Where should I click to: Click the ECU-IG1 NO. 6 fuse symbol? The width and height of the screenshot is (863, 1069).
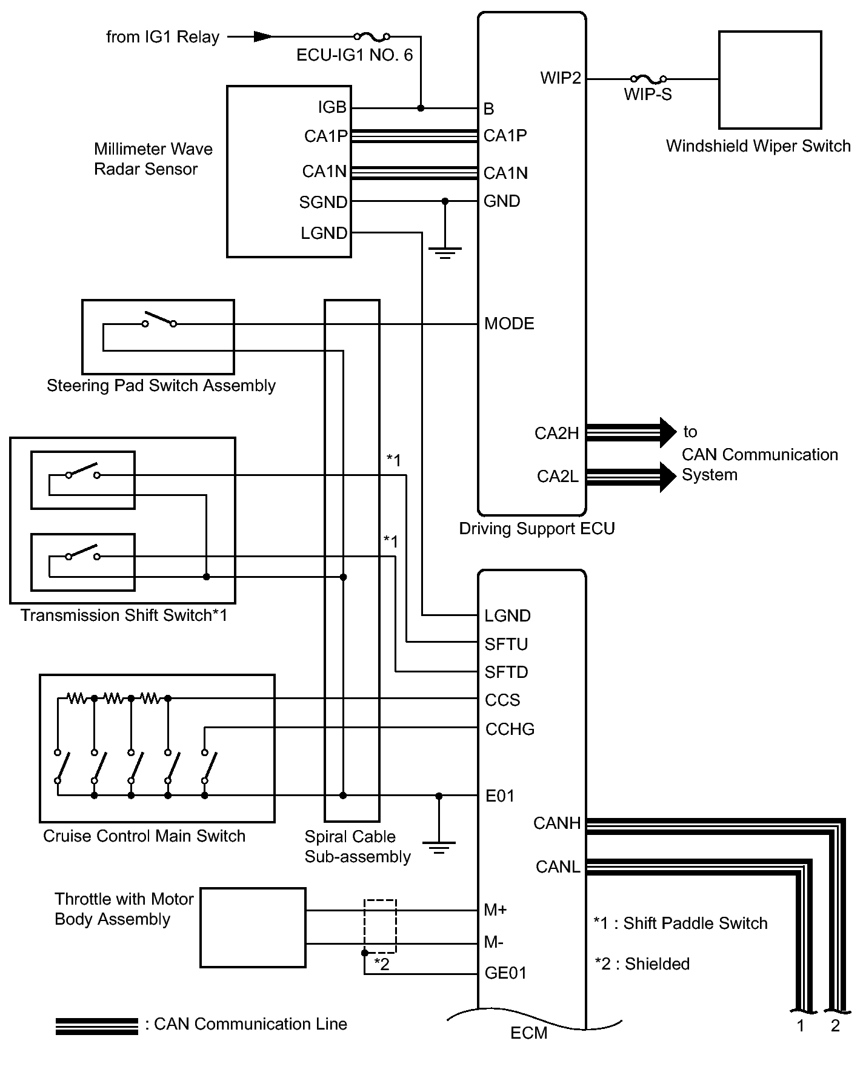click(x=372, y=37)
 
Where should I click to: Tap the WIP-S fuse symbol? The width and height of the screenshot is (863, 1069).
click(x=648, y=79)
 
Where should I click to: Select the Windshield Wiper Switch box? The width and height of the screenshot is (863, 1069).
click(x=770, y=80)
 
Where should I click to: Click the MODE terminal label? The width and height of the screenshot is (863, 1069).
click(x=509, y=324)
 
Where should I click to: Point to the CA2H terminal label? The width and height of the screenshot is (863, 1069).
click(x=556, y=434)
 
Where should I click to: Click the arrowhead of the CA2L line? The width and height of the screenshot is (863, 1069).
click(x=667, y=477)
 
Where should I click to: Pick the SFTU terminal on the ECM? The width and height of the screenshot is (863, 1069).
click(x=506, y=644)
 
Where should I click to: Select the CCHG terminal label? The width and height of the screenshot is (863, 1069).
click(x=510, y=729)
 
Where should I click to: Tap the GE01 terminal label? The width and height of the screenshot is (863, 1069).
click(x=505, y=973)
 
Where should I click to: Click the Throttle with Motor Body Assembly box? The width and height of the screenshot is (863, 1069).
click(x=253, y=928)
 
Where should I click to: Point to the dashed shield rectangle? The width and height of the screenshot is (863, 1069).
click(x=380, y=926)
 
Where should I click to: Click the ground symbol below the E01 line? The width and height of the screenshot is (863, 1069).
click(x=439, y=846)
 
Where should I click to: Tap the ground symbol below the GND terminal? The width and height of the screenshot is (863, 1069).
click(x=445, y=252)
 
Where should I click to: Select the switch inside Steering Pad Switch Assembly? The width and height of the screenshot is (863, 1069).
click(x=159, y=321)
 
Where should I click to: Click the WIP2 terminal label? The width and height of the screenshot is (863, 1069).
click(x=561, y=78)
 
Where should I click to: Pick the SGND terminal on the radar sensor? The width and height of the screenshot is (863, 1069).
click(x=323, y=202)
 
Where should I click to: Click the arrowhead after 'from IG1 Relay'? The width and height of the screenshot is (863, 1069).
click(x=262, y=37)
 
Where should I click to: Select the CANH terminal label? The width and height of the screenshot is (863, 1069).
click(x=557, y=823)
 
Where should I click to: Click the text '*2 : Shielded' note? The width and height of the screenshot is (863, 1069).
click(x=642, y=964)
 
